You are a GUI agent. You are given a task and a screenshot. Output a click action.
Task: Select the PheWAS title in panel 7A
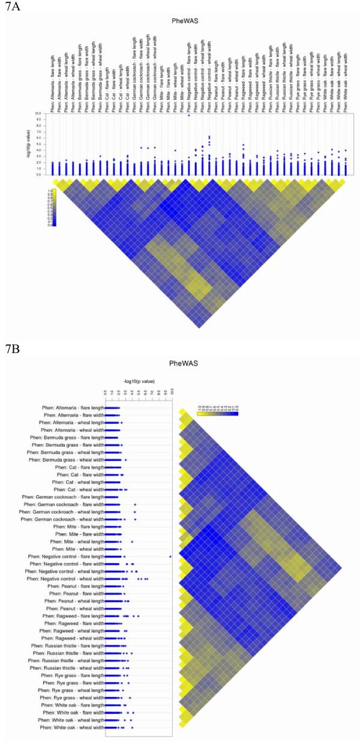[x=197, y=22]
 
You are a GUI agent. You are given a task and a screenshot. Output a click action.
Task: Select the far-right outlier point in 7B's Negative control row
[x=170, y=556]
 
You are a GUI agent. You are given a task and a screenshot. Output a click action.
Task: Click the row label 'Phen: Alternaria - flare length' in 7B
[x=72, y=408]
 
